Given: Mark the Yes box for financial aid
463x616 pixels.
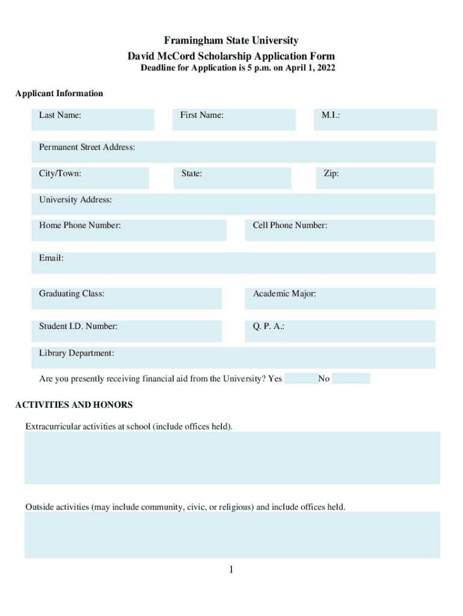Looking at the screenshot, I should (x=301, y=378).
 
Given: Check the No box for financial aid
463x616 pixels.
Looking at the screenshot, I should (x=351, y=378).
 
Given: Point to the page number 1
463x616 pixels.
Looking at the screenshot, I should (x=231, y=570).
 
